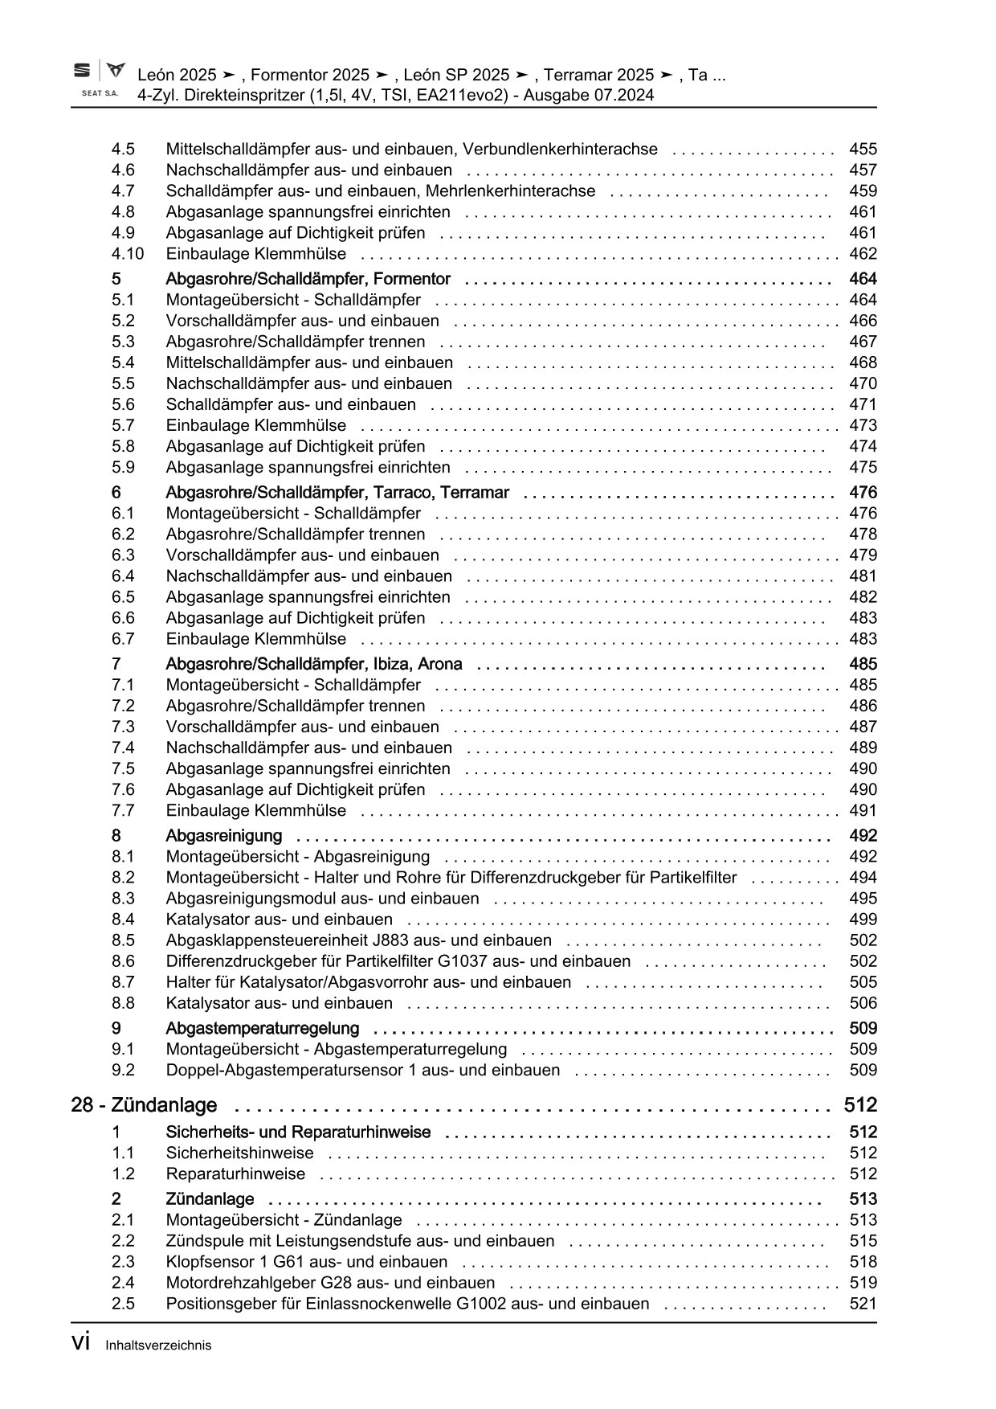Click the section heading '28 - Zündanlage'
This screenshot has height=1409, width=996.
144,1105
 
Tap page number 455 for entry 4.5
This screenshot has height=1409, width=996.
863,149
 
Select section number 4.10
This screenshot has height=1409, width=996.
128,254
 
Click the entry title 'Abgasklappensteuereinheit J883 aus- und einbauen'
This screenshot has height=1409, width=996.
358,940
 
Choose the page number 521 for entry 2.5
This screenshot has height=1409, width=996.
863,1304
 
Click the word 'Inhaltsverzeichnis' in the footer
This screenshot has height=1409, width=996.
158,1346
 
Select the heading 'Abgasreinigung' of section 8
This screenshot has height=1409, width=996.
223,836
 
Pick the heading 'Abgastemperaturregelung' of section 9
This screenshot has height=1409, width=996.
262,1029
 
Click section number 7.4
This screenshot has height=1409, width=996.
123,748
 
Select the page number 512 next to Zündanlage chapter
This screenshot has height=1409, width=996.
860,1105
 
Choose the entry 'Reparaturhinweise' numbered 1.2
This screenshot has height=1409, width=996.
235,1173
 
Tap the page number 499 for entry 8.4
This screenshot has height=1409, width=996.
863,920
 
